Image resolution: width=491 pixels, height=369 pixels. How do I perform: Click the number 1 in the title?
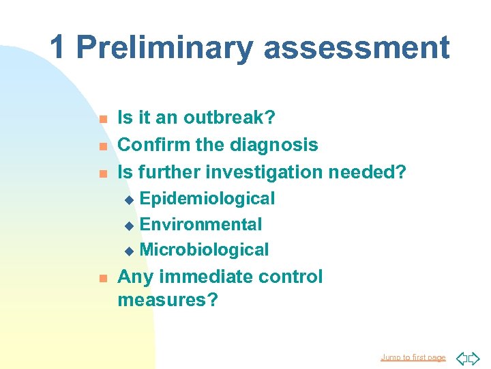[58, 48]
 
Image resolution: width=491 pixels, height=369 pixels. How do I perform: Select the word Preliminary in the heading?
[164, 48]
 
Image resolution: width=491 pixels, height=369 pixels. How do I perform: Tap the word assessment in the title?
[356, 48]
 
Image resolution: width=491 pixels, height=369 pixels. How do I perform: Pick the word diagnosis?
[274, 145]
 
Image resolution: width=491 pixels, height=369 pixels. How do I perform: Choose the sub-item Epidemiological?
[207, 199]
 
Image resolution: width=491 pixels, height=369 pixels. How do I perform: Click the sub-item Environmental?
[200, 224]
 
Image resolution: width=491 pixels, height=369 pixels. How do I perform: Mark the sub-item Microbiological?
[204, 250]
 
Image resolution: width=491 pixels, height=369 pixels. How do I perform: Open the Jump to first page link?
[413, 357]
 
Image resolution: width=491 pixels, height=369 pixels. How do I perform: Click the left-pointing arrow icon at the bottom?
[461, 357]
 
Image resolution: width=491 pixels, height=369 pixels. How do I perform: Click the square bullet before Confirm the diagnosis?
[102, 146]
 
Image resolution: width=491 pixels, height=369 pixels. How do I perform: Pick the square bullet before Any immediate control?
[102, 278]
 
